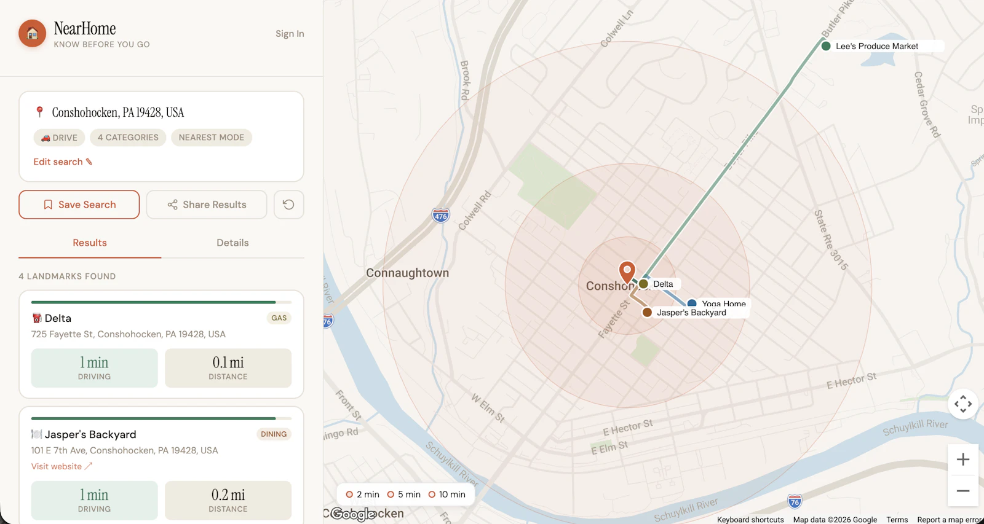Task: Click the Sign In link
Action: tap(290, 34)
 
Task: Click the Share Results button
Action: tap(207, 205)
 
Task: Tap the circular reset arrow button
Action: tap(288, 205)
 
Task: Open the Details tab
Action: tap(232, 243)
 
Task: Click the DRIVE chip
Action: tap(59, 138)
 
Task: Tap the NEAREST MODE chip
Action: tap(211, 138)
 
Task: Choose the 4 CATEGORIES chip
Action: tap(128, 138)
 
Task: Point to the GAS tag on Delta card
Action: tap(279, 318)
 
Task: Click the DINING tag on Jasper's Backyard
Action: tap(274, 434)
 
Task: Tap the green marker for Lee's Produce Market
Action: tap(826, 46)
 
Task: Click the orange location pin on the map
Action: tap(627, 271)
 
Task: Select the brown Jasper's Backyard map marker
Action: tap(647, 313)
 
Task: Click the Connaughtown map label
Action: tap(407, 273)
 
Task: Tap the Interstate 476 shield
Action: tap(440, 216)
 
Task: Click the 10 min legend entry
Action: tap(447, 495)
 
